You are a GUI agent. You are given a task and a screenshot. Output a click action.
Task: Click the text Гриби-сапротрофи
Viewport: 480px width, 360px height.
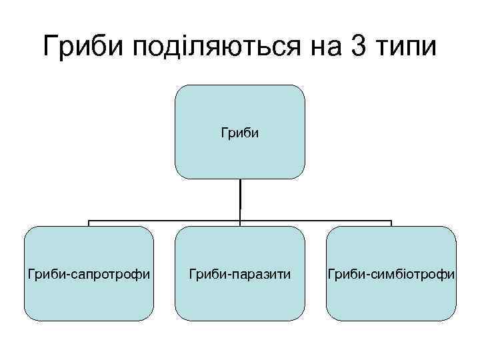89,274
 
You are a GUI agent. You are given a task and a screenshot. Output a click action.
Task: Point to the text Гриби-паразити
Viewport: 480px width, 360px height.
240,274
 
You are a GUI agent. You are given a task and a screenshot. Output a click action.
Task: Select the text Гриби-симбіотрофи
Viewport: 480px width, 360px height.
391,274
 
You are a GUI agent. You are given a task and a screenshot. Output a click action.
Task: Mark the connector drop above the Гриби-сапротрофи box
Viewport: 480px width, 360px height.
89,223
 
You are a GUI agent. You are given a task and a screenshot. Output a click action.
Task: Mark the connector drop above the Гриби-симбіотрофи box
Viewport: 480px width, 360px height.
391,223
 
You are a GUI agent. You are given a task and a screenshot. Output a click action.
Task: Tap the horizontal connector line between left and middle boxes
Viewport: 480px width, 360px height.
164,220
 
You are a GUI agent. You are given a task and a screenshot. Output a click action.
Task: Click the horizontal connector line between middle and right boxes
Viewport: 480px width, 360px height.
316,220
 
